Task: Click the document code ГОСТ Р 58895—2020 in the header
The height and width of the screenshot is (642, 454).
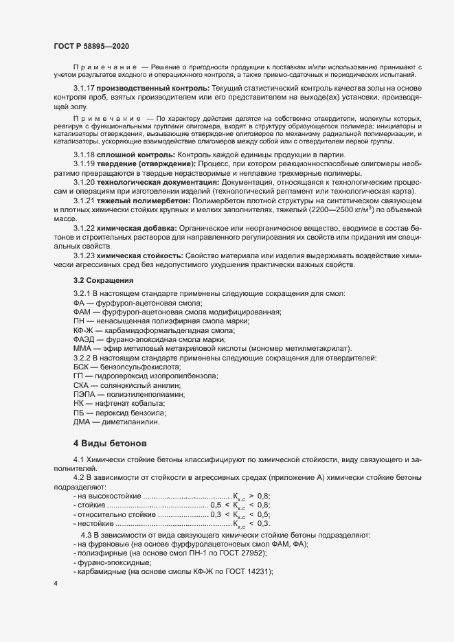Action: click(91, 45)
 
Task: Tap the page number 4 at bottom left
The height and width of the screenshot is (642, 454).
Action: click(56, 584)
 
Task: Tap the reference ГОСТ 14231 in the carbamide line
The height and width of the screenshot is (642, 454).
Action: click(248, 571)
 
